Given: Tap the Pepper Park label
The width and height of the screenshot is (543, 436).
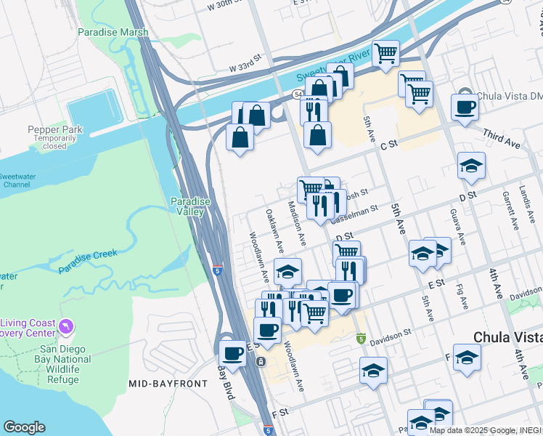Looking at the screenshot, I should click(49, 129).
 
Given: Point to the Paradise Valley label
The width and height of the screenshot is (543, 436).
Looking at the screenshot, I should click(190, 206).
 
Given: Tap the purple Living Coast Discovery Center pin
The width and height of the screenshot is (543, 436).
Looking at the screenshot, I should click(68, 327).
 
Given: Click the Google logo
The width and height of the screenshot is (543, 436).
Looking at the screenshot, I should click(24, 427).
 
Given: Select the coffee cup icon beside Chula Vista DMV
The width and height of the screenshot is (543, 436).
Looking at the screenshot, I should click(465, 106).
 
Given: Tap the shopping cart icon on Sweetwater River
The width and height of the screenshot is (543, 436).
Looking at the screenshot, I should click(386, 52).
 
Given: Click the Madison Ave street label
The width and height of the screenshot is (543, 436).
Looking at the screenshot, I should click(297, 222).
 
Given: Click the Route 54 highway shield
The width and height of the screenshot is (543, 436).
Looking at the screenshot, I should click(298, 94).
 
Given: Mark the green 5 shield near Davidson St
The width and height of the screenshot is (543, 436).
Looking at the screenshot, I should click(361, 339).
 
